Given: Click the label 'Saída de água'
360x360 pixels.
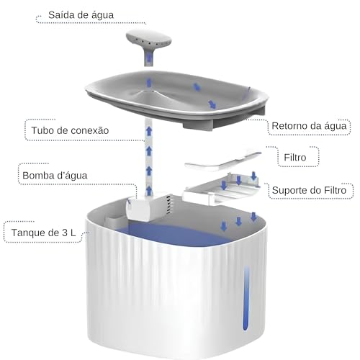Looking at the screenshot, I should (80, 14).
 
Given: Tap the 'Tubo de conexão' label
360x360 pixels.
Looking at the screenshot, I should (70, 130).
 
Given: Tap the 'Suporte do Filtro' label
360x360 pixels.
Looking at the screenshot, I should (312, 191).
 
